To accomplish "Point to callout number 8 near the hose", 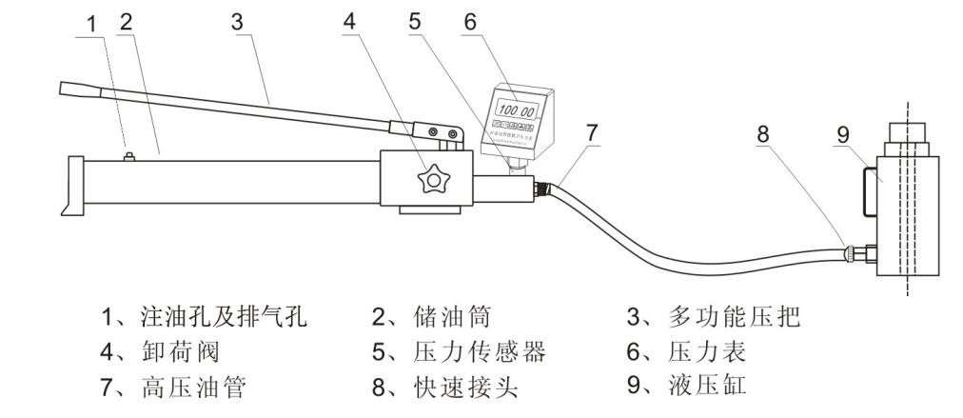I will click(x=761, y=134).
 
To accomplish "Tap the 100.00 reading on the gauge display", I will click(x=516, y=109).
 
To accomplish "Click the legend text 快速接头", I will click(x=469, y=388).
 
